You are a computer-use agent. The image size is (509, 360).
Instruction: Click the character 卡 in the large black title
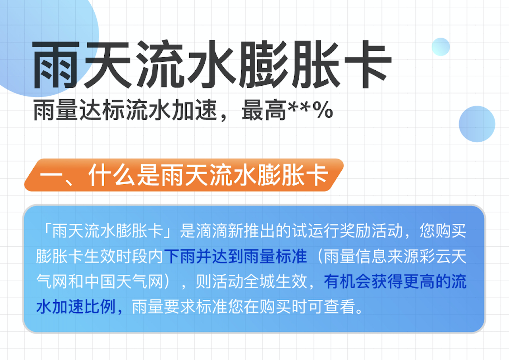click(368, 64)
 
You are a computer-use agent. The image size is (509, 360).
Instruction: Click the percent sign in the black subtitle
click(323, 110)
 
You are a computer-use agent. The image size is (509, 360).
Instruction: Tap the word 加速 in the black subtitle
click(195, 110)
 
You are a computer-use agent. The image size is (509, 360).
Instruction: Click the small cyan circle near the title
click(441, 47)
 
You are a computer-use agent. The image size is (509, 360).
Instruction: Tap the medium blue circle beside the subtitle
click(477, 124)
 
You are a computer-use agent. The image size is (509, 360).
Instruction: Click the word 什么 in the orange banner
click(112, 175)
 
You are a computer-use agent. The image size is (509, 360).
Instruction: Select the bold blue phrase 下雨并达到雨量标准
click(236, 256)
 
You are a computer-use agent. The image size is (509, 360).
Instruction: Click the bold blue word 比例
click(100, 307)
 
